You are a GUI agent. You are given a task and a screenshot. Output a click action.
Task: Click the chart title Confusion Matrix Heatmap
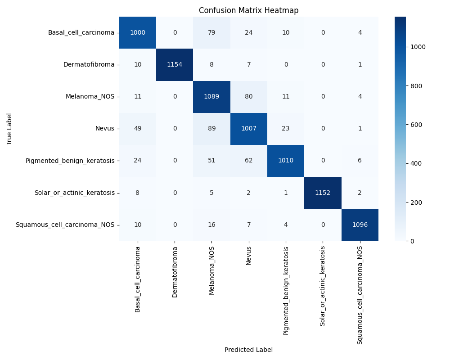tap(248, 10)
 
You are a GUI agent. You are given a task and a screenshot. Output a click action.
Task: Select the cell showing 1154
tap(175, 64)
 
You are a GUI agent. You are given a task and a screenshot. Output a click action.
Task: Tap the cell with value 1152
tap(323, 193)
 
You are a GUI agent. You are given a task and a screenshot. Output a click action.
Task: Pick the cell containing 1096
tap(360, 225)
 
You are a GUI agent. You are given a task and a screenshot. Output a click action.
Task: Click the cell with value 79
tap(211, 32)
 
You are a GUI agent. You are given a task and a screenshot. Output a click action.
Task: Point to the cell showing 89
tap(211, 128)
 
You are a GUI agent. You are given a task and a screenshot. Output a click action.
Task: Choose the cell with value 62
tap(248, 161)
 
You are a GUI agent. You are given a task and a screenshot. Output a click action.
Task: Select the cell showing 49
tap(138, 128)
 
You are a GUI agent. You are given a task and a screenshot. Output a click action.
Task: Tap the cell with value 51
tap(211, 161)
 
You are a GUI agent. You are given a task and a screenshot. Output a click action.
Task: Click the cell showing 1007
tap(248, 128)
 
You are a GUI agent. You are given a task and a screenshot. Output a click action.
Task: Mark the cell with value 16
tap(211, 225)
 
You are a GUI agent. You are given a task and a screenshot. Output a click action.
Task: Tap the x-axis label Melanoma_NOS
tap(211, 270)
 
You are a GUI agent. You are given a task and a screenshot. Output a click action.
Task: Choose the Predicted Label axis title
tap(248, 350)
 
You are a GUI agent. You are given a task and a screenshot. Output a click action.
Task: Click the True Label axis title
tap(9, 129)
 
